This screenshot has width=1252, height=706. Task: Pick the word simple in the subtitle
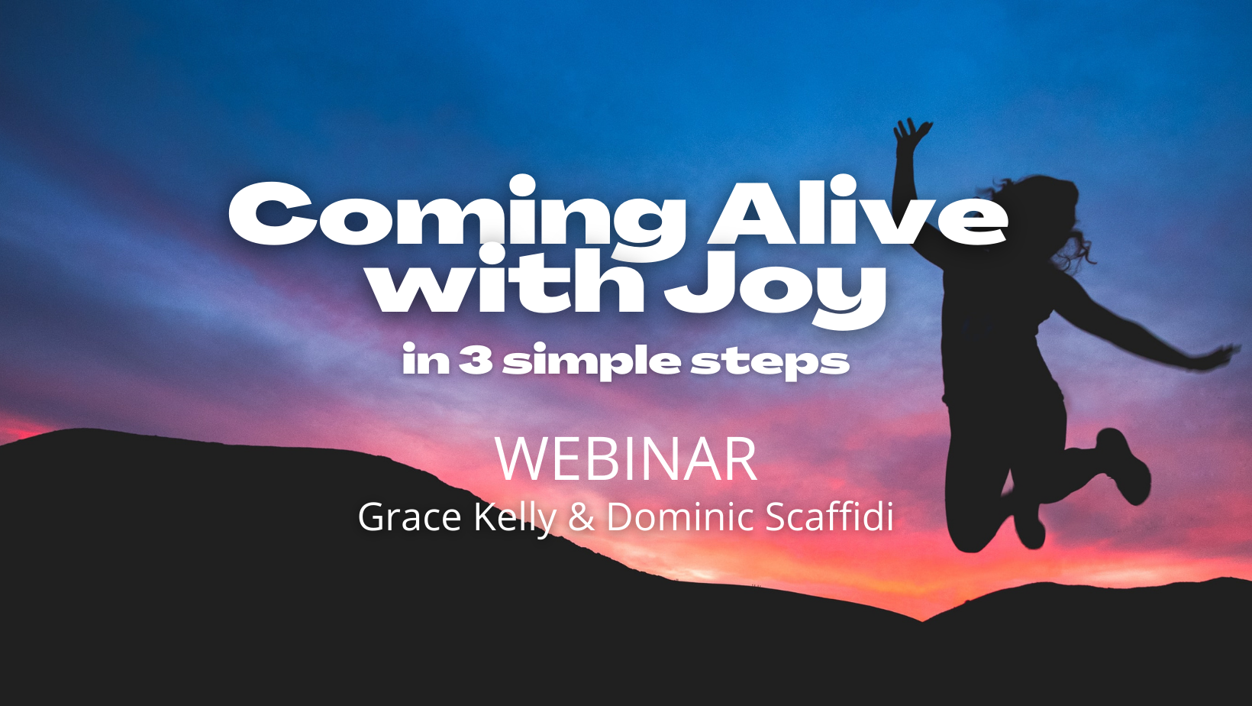tap(592, 361)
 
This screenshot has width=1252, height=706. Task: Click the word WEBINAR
tap(626, 459)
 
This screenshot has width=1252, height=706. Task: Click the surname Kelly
tap(515, 518)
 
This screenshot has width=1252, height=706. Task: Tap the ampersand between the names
tap(581, 517)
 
